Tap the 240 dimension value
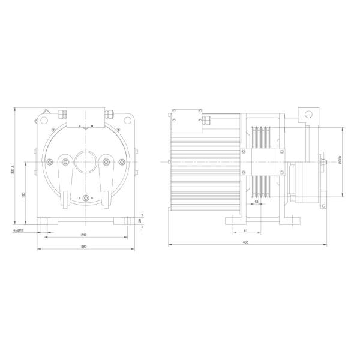tap(83, 235)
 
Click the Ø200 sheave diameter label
tap(340, 161)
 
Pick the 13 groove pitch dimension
tap(256, 202)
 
